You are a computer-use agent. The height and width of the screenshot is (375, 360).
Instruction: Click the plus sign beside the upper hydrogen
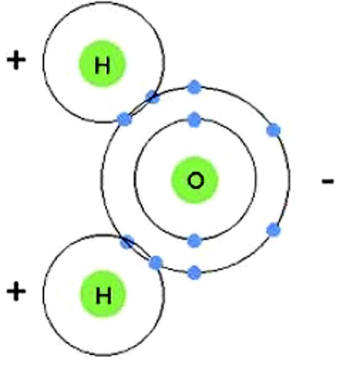pos(16,60)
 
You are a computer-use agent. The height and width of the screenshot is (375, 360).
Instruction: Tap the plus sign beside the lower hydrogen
pos(16,291)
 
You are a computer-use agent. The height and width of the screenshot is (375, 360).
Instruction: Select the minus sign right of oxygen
pos(327,181)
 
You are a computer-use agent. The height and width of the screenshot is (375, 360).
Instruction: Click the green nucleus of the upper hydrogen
pos(102,63)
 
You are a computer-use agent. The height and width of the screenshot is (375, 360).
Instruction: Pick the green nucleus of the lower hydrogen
pos(103,294)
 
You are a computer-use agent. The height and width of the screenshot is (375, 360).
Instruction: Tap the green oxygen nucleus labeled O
pos(195,180)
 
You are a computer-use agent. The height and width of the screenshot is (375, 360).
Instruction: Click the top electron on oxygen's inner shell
pos(194,119)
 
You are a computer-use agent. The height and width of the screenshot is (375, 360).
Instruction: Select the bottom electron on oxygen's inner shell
pos(194,240)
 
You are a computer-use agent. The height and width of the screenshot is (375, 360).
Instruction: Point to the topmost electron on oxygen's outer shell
pos(194,87)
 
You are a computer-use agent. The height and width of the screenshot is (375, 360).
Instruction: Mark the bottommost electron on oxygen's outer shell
pos(194,272)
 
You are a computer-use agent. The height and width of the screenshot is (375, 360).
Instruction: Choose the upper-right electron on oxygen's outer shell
pos(273,130)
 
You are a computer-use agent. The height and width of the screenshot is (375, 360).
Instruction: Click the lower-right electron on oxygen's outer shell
pos(273,230)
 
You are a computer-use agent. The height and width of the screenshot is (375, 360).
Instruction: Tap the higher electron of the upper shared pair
pos(153,97)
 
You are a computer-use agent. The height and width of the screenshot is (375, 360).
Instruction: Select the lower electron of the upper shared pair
pos(124,119)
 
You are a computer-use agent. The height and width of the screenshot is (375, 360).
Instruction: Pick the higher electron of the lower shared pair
pos(127,242)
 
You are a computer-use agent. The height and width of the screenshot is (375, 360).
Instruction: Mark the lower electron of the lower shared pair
pos(156,262)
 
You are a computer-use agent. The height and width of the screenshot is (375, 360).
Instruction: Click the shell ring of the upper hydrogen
pos(43,63)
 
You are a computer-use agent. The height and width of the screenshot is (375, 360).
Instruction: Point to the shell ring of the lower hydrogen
pos(43,294)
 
